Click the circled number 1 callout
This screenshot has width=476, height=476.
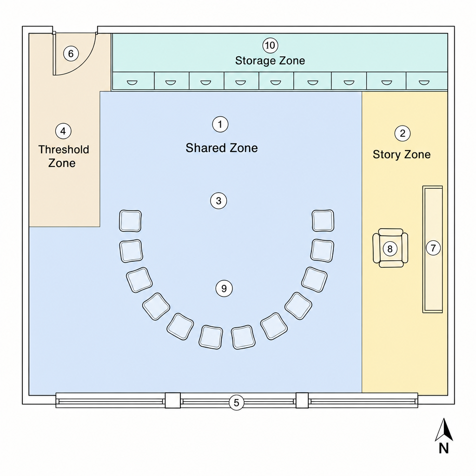(220, 124)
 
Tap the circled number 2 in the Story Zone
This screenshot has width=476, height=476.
(403, 133)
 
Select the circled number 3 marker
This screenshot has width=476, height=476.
(218, 201)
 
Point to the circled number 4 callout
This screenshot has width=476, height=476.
(63, 131)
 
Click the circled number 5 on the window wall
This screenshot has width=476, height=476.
(237, 403)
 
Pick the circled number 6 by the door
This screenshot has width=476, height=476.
(71, 54)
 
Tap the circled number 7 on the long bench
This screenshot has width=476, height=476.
(433, 248)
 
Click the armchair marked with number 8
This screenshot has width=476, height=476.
(390, 248)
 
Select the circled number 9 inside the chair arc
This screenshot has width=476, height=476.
(224, 288)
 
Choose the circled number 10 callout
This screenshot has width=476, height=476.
(270, 46)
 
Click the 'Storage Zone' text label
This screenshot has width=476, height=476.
(270, 61)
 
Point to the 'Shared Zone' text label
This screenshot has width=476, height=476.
(222, 148)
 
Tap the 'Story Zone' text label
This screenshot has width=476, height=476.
(402, 154)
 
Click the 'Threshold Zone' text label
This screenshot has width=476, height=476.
(63, 156)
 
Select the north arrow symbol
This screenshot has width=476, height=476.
(444, 430)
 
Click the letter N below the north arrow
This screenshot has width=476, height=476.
(444, 449)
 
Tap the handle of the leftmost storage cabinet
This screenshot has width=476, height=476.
(132, 83)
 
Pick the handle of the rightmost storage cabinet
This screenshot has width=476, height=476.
(424, 83)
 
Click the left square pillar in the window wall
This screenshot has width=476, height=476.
(173, 400)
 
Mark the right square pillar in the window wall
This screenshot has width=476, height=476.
(302, 400)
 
